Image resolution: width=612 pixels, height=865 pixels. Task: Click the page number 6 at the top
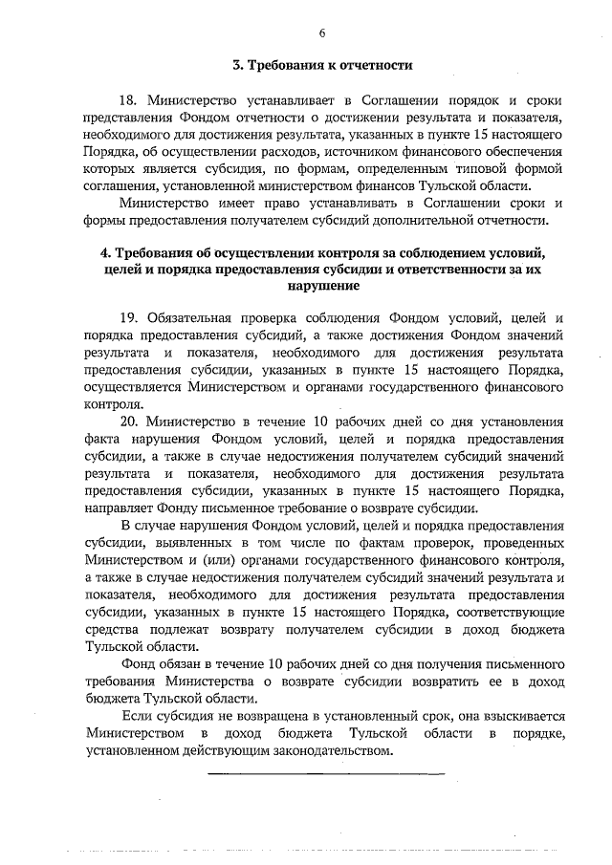322,32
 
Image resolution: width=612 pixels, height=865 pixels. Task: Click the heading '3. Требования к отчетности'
323,66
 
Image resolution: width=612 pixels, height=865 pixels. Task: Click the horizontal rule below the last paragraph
326,772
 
